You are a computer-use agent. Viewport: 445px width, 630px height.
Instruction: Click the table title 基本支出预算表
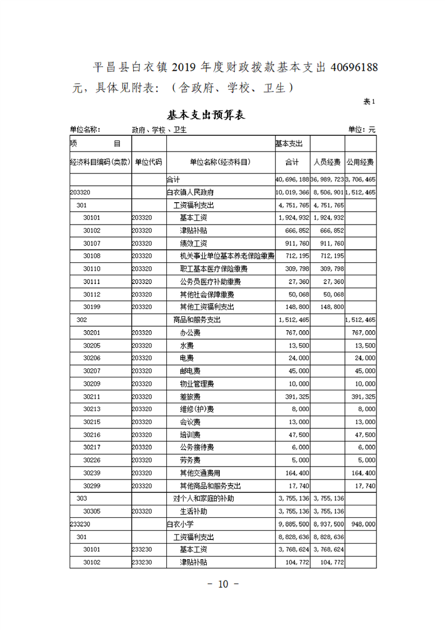206,116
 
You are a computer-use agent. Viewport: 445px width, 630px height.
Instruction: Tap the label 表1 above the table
369,102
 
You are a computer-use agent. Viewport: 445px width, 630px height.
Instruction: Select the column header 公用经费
361,162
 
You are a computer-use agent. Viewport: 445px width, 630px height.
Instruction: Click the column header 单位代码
148,162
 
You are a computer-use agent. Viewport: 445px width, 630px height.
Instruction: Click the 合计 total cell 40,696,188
292,180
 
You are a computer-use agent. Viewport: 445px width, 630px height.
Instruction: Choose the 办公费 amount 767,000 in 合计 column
298,332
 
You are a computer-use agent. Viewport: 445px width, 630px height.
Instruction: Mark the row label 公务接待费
197,447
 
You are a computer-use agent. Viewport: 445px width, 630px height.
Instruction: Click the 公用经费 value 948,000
362,524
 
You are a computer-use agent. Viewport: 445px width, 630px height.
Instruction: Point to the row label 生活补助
193,511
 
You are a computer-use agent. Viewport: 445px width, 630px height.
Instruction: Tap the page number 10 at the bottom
222,584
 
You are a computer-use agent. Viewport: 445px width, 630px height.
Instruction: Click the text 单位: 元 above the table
362,130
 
